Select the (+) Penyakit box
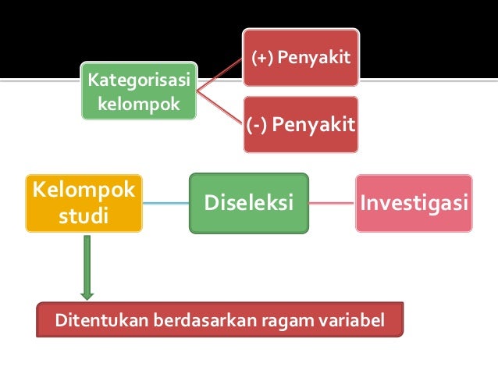coord(300,58)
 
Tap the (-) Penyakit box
coord(300,124)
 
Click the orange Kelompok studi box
coord(84,203)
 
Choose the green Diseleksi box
coord(249,203)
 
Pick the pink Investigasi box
coord(414,203)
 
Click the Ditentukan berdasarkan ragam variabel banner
coord(220,319)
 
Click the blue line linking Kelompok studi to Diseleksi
coord(166,204)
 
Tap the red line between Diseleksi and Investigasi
coord(332,203)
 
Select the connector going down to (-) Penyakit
coord(219,107)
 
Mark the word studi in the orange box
coord(84,215)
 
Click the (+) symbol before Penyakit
coord(261,59)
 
